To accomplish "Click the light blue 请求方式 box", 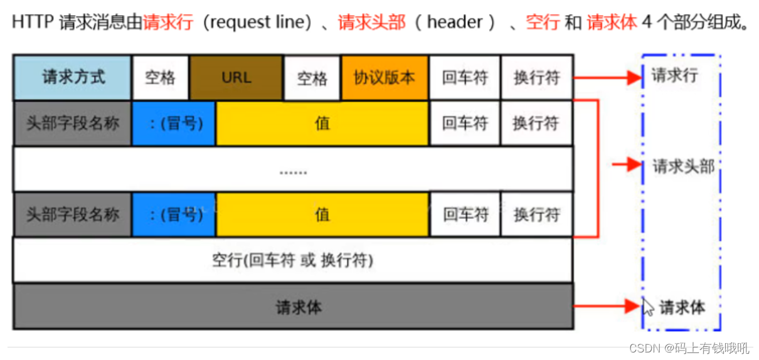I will [73, 78].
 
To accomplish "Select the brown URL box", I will [236, 78].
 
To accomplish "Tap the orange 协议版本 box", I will [385, 78].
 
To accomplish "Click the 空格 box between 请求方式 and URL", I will [160, 78].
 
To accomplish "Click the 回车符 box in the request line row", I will [465, 78].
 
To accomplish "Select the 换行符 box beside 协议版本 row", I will [536, 78].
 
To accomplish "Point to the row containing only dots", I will [293, 169].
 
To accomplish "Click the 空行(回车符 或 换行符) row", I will [293, 260].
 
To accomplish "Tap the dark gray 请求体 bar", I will [293, 307].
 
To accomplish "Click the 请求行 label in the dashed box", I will [674, 77].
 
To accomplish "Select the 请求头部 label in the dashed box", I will [683, 166].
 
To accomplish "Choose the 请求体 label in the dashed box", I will [682, 307].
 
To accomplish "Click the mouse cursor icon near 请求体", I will [647, 307].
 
